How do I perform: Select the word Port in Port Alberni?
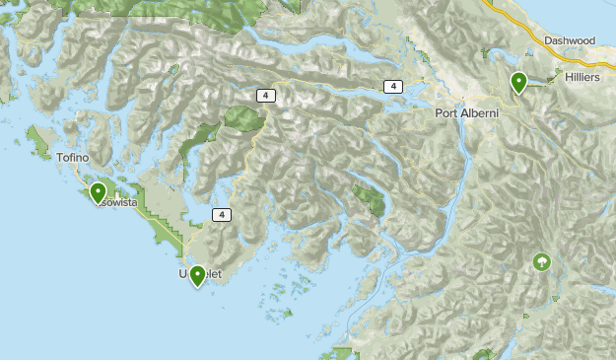[x=448, y=113]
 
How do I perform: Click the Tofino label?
[x=73, y=158]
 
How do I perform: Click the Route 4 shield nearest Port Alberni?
[x=393, y=87]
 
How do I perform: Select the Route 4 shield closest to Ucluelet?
[x=223, y=214]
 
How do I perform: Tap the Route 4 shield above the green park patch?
[x=265, y=95]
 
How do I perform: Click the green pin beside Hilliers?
[x=518, y=83]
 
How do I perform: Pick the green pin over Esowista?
[x=98, y=192]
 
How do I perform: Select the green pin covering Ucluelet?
[x=197, y=275]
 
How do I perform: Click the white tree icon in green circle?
[x=540, y=261]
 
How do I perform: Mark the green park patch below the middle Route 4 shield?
[x=242, y=118]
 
